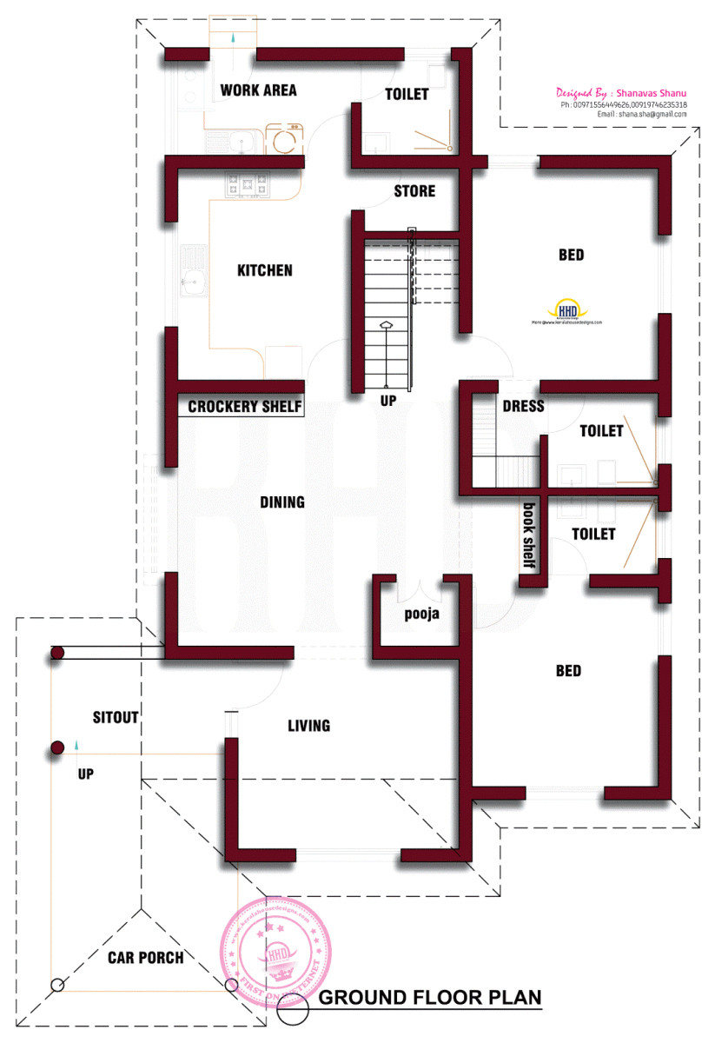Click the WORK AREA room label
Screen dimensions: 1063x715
(x=258, y=90)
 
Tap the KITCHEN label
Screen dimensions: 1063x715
(x=265, y=270)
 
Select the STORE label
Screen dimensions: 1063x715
(x=414, y=190)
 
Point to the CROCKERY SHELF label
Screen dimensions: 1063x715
(x=245, y=406)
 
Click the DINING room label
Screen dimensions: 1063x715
(x=281, y=502)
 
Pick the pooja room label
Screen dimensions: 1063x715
(x=422, y=614)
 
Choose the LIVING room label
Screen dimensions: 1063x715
(x=308, y=725)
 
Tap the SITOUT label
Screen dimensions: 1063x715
(x=116, y=717)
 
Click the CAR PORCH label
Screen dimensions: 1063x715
(x=145, y=958)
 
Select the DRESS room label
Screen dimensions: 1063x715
(x=523, y=406)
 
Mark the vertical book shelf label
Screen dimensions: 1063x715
(x=528, y=535)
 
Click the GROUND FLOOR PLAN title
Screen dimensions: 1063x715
(x=430, y=997)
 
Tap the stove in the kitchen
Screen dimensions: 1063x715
(x=247, y=183)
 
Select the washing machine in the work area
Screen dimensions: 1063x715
(x=283, y=138)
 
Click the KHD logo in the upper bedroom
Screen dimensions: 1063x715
(x=567, y=310)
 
